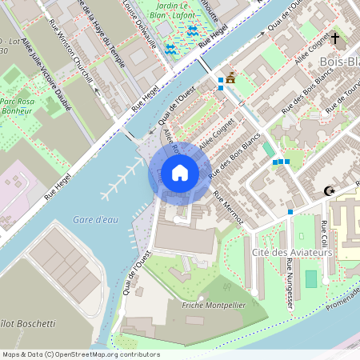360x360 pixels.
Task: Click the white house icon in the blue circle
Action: pos(180,172)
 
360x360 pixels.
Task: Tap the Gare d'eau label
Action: pos(95,218)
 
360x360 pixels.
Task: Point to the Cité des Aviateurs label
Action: pos(292,253)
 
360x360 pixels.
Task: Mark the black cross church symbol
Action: pos(335,38)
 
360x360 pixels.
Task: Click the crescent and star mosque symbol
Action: pos(327,191)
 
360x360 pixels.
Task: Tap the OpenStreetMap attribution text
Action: pos(81,354)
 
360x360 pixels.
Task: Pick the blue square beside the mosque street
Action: pos(290,212)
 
